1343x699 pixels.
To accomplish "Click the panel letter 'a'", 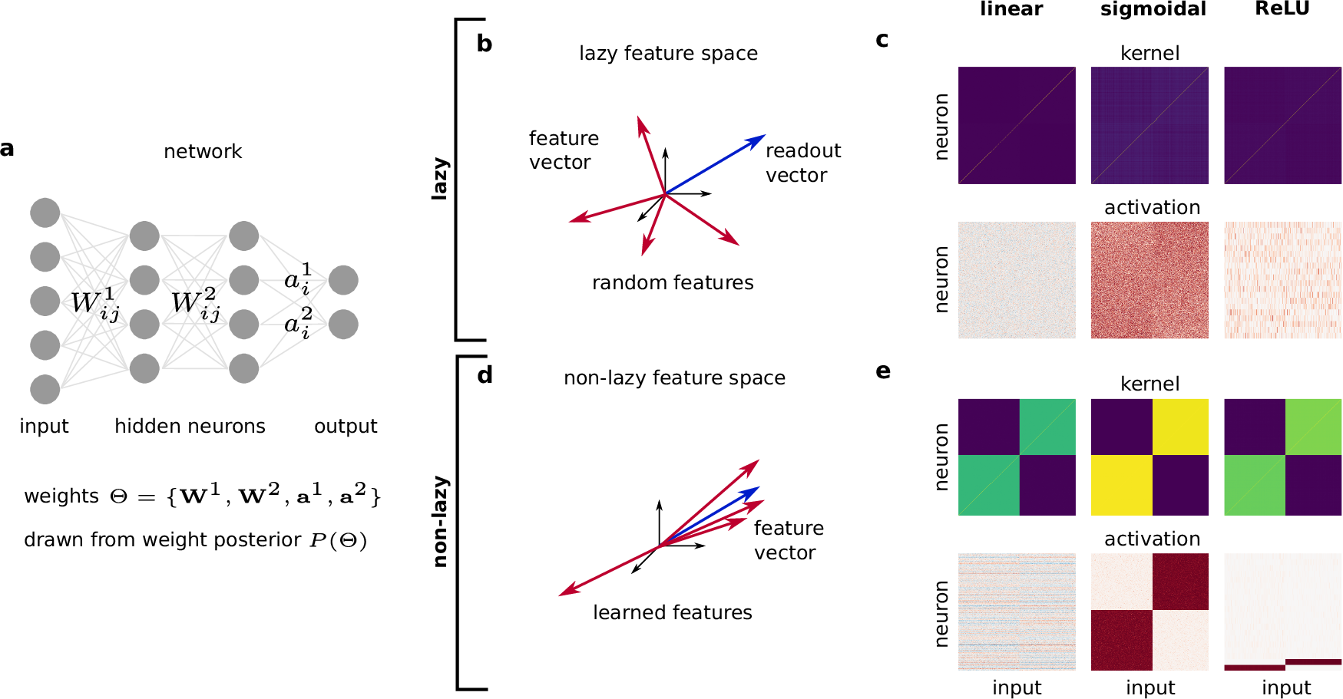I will pyautogui.click(x=7, y=149).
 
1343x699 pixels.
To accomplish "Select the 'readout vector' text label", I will pyautogui.click(x=802, y=163).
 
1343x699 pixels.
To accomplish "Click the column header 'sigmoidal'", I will pyautogui.click(x=1153, y=9).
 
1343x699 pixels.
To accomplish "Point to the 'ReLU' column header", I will pyautogui.click(x=1282, y=9).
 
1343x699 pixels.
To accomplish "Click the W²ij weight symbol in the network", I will pyautogui.click(x=195, y=304).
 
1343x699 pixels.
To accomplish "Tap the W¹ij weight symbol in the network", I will pyautogui.click(x=95, y=304).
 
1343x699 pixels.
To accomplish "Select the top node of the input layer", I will pyautogui.click(x=45, y=213).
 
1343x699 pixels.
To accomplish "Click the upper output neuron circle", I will pyautogui.click(x=343, y=280).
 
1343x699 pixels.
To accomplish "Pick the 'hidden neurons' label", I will pyautogui.click(x=190, y=426).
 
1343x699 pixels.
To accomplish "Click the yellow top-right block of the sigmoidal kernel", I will pyautogui.click(x=1180, y=427).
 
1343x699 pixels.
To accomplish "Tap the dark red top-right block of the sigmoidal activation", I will pyautogui.click(x=1180, y=582).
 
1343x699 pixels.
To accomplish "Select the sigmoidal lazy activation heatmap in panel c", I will pyautogui.click(x=1149, y=280).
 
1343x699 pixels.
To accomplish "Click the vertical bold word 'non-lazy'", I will pyautogui.click(x=440, y=522).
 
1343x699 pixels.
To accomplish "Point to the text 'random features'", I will pyautogui.click(x=673, y=282).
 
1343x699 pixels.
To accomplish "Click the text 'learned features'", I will pyautogui.click(x=672, y=612).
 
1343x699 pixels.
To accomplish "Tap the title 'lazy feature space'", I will pyautogui.click(x=668, y=53).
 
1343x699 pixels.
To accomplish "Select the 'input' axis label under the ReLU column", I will pyautogui.click(x=1285, y=687).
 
